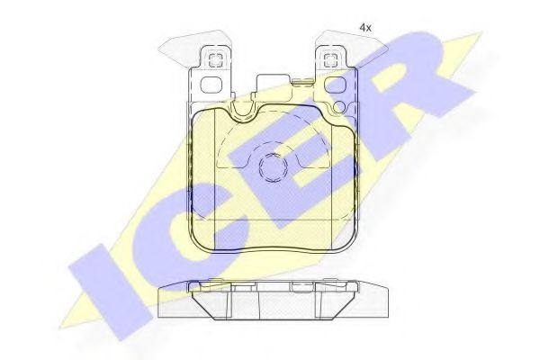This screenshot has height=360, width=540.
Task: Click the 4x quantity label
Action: pyautogui.click(x=365, y=28)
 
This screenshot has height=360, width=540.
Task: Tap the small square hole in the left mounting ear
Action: pyautogui.click(x=216, y=60)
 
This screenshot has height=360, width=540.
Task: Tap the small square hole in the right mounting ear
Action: pyautogui.click(x=330, y=60)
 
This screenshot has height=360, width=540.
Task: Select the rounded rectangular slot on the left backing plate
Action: pyautogui.click(x=211, y=85)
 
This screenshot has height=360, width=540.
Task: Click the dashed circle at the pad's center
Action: pyautogui.click(x=273, y=167)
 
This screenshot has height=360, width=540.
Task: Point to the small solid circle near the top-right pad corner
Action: pyautogui.click(x=339, y=107)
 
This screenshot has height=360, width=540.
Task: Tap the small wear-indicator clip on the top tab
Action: pyautogui.click(x=302, y=82)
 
